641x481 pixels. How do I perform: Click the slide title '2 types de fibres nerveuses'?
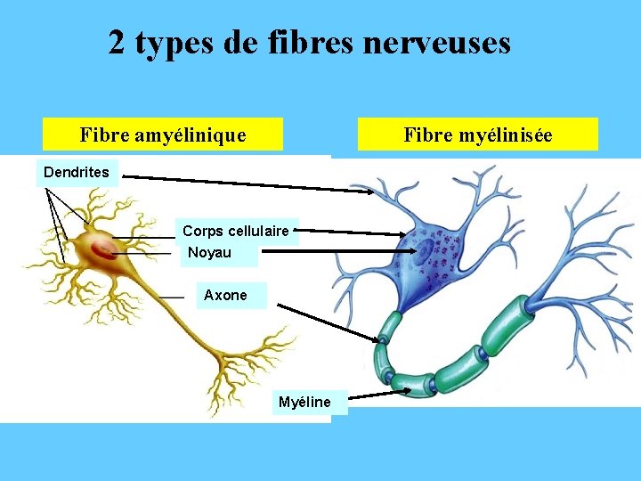pyautogui.click(x=310, y=42)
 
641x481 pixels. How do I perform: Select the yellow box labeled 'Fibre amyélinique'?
pyautogui.click(x=163, y=135)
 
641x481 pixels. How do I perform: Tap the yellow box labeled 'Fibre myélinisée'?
pyautogui.click(x=477, y=135)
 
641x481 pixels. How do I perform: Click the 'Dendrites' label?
pyautogui.click(x=77, y=172)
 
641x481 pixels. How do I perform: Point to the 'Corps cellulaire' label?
pyautogui.click(x=235, y=232)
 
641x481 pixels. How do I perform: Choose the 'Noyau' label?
pyautogui.click(x=210, y=253)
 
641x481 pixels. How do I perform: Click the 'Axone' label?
pyautogui.click(x=225, y=296)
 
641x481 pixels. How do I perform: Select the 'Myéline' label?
pyautogui.click(x=304, y=403)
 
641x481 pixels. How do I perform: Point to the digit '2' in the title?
pyautogui.click(x=117, y=42)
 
